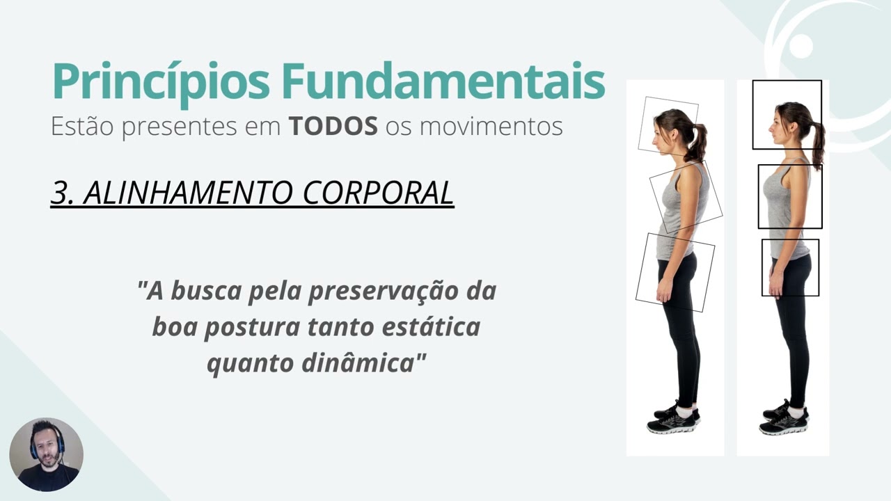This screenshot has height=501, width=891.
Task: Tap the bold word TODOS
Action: [333, 127]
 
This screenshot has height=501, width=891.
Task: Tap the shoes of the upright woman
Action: [784, 419]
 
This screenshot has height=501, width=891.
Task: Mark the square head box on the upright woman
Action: [787, 114]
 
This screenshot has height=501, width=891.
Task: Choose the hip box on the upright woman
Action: [790, 267]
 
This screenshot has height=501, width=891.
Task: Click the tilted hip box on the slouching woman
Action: [675, 272]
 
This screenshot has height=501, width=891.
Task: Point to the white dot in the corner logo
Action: [801, 45]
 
